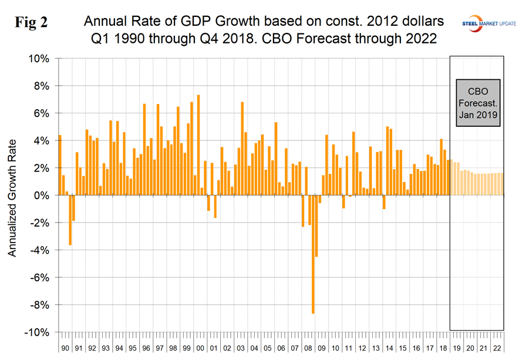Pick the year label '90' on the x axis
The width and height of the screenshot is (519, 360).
(65, 348)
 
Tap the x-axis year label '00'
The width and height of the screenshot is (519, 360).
(200, 348)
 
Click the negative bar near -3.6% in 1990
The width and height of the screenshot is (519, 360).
(70, 220)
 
